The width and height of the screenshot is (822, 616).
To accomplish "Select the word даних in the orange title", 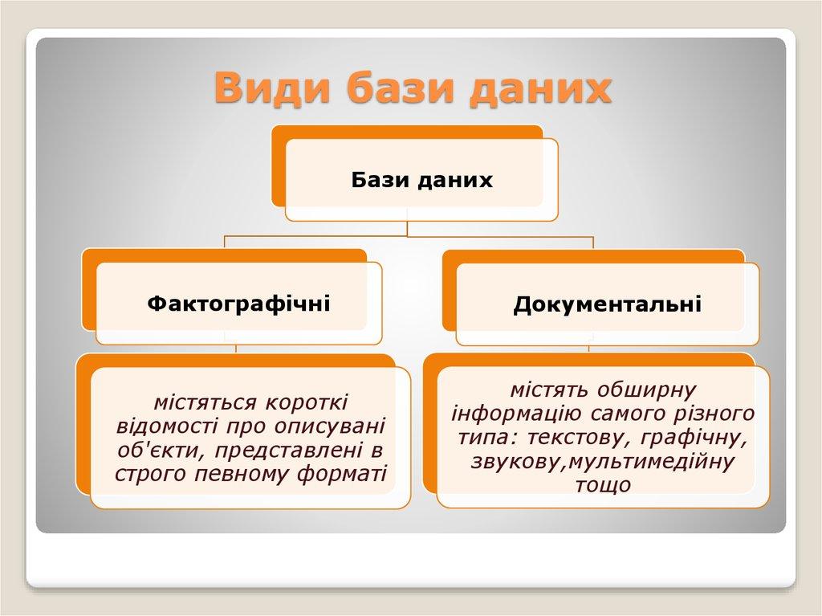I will pos(540,88).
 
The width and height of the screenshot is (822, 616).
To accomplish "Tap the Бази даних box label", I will pos(421,180).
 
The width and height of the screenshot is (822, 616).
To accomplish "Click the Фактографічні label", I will pos(238,304).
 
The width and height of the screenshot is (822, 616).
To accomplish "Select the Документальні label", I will pos(607,304).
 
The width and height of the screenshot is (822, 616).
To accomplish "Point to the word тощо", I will pos(603,486).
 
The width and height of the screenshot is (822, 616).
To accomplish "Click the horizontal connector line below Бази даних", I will pos(408,237).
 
